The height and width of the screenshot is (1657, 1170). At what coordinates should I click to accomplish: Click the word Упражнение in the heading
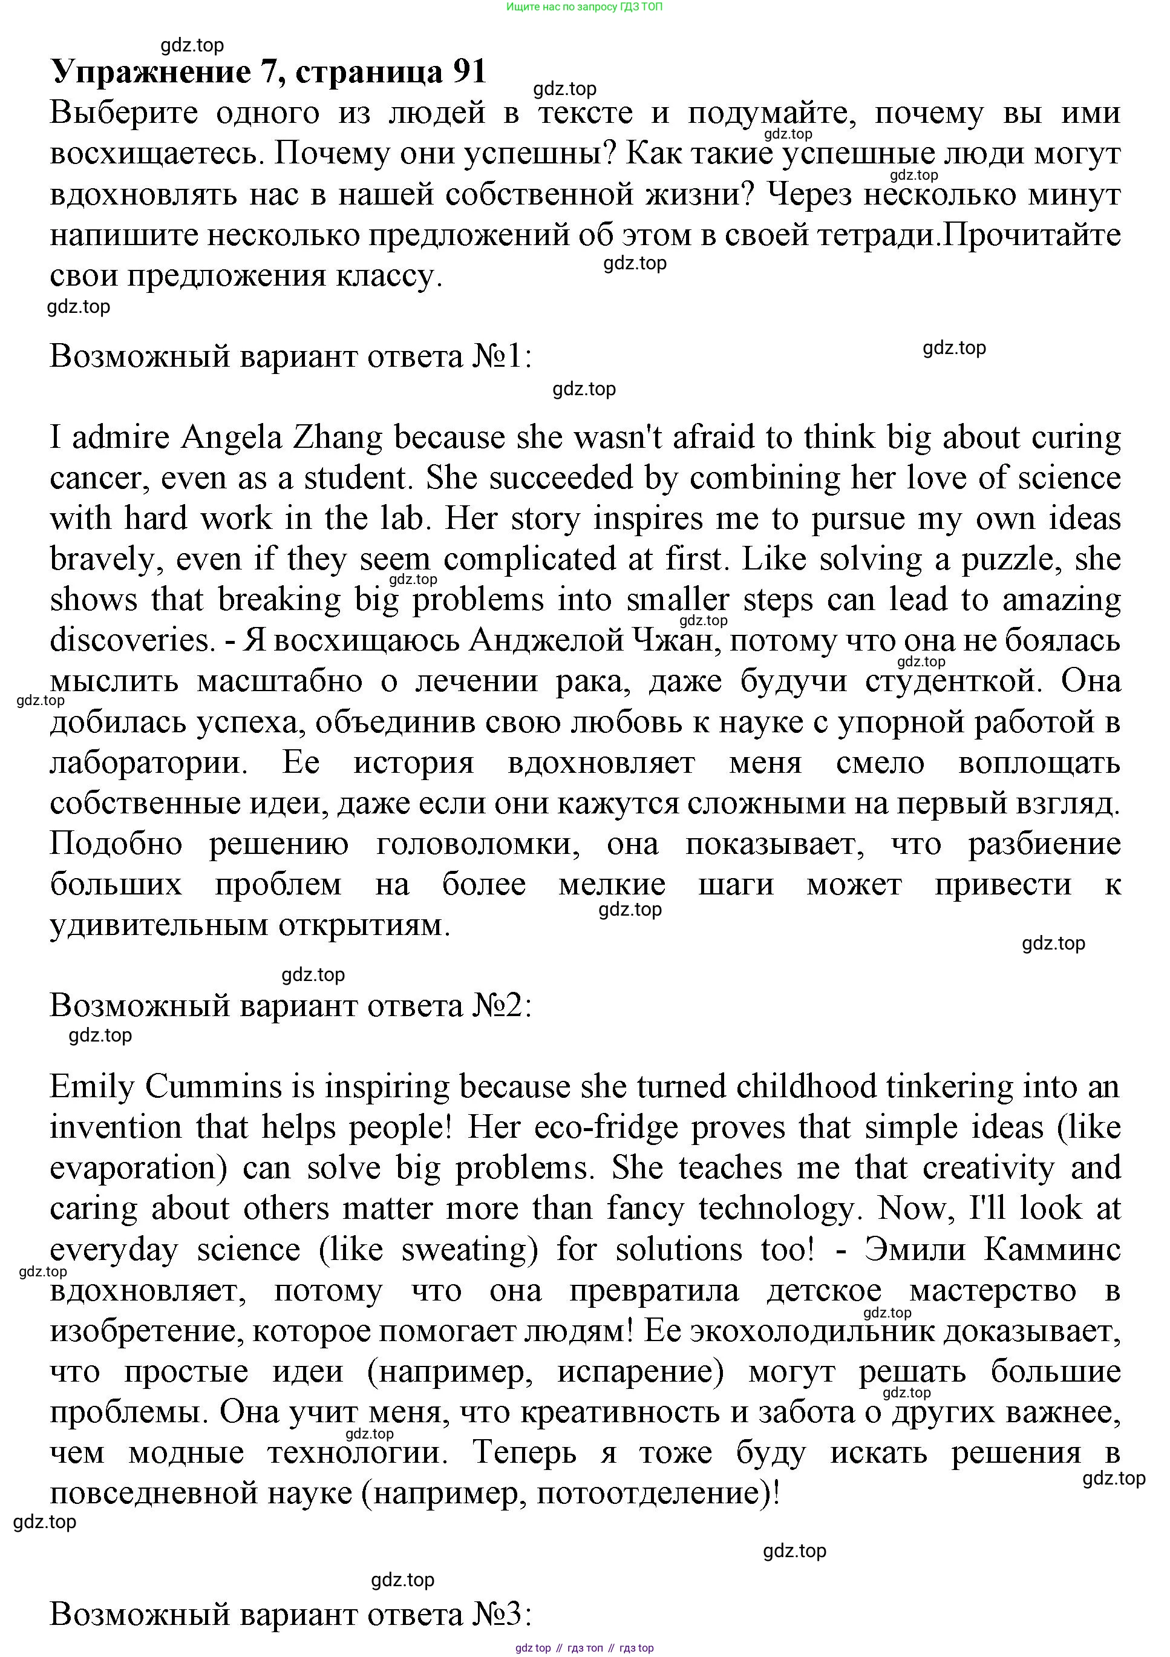click(x=151, y=73)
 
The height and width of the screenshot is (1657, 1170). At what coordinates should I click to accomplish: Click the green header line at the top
click(x=584, y=7)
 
